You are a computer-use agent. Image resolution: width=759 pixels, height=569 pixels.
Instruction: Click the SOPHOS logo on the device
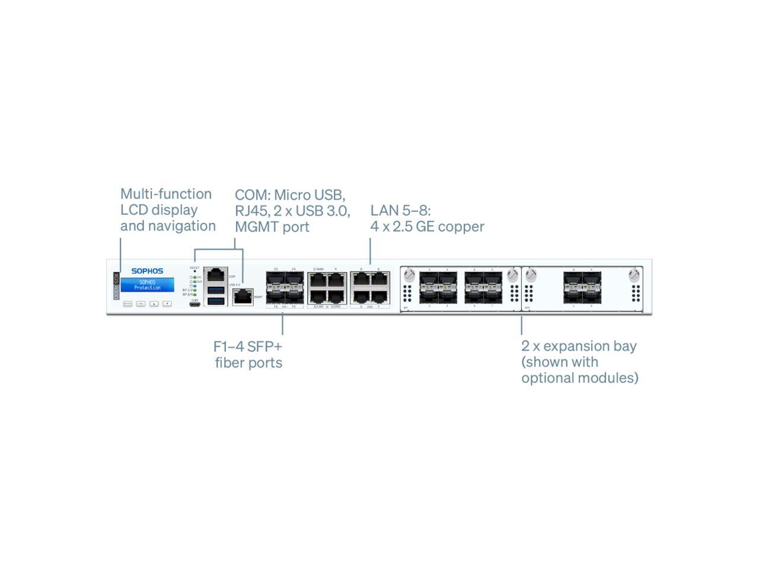[x=147, y=271]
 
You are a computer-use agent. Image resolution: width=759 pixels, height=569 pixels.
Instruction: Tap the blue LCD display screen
[x=147, y=285]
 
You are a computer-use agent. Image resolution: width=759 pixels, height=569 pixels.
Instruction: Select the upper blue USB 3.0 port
[x=216, y=290]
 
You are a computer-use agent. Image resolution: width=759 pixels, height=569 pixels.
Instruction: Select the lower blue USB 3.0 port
[x=216, y=301]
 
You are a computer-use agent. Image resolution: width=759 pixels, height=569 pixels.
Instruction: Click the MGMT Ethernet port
[x=243, y=298]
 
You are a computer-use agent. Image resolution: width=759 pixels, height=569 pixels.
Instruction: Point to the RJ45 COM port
[x=216, y=275]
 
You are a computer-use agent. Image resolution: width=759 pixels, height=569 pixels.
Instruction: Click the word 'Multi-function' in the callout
[x=165, y=194]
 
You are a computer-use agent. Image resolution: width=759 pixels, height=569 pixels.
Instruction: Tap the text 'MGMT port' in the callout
[x=272, y=226]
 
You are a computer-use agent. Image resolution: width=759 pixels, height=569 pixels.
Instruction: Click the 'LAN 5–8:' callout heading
[x=400, y=210]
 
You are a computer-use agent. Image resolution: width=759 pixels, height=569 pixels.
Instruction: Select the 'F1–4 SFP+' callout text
[x=247, y=346]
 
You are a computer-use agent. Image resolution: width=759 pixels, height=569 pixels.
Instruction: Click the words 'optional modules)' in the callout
[x=579, y=378]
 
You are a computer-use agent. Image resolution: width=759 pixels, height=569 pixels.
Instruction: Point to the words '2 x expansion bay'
[x=578, y=346]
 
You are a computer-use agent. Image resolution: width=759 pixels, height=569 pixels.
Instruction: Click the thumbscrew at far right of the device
[x=634, y=275]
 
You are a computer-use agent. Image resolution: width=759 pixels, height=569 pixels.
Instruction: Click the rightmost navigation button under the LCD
[x=167, y=303]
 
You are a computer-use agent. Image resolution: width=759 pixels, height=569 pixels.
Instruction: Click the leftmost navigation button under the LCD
[x=127, y=303]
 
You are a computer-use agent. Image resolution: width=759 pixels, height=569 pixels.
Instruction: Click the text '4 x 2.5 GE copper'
[x=427, y=226]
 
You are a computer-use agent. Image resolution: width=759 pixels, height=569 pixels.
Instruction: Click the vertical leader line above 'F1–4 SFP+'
[x=282, y=324]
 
